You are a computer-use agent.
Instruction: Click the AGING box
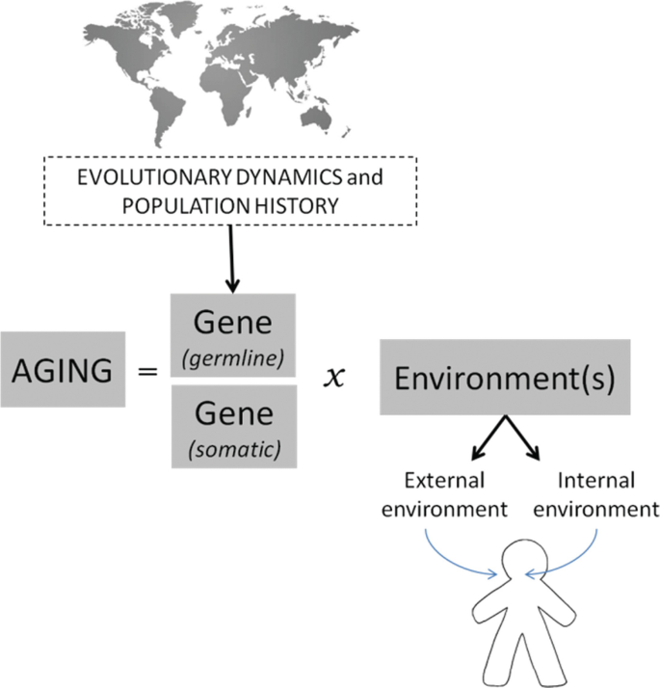pyautogui.click(x=63, y=369)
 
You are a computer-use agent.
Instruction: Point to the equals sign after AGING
pyautogui.click(x=148, y=370)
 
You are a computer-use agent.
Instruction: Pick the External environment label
pyautogui.click(x=445, y=492)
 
